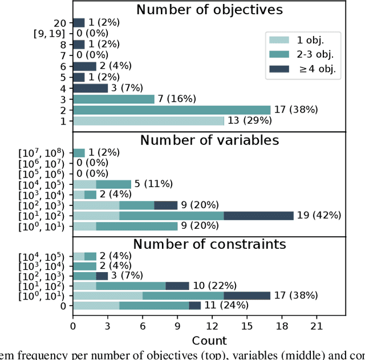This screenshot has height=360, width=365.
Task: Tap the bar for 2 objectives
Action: [x=171, y=110]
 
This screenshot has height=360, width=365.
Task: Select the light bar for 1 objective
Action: [x=148, y=121]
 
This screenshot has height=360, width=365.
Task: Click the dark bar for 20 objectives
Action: [x=79, y=23]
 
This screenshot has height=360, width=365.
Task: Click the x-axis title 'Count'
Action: [x=209, y=341]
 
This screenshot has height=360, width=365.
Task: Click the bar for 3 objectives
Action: [x=113, y=99]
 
